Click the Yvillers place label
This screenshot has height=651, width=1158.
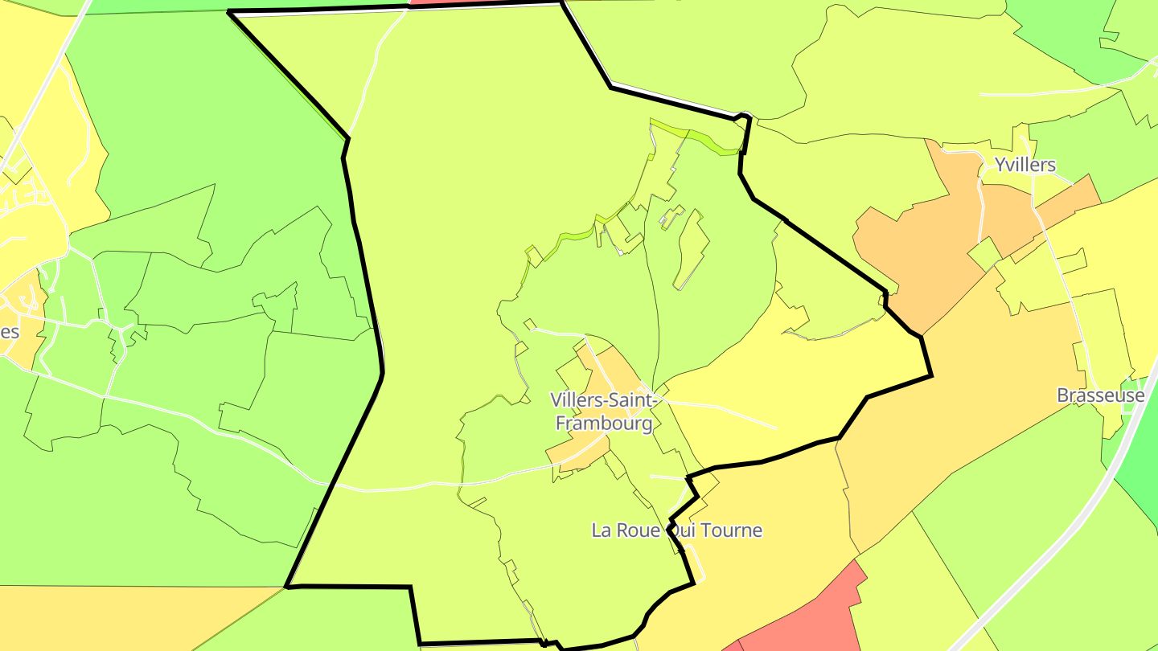pos(1025,166)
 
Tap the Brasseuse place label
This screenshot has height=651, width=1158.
pos(1100,395)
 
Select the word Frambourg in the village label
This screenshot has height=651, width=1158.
pos(602,424)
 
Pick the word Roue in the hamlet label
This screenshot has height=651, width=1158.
pos(640,530)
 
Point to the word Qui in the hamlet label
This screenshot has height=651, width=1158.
pos(678,530)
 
